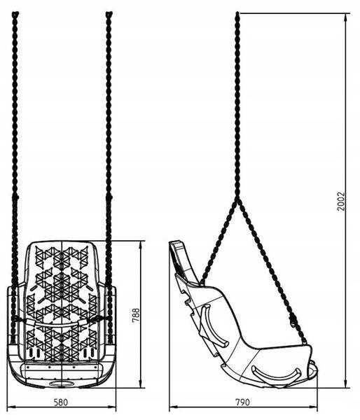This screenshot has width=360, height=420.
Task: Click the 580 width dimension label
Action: [x=61, y=402]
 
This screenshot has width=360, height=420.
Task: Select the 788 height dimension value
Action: [x=136, y=315]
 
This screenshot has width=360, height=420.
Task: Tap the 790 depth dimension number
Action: [x=242, y=402]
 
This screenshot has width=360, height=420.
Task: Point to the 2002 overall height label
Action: [x=341, y=201]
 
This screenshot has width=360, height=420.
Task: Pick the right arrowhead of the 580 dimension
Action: [x=112, y=407]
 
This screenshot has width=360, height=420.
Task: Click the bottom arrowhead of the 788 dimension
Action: [x=141, y=384]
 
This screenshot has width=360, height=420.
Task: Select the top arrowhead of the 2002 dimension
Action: [x=346, y=17]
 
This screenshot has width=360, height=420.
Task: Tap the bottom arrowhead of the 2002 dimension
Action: [x=346, y=384]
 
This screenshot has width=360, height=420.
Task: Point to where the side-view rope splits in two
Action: [x=237, y=200]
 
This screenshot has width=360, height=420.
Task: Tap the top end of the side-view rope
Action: [x=237, y=13]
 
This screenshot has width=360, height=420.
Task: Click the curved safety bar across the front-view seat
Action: [x=61, y=324]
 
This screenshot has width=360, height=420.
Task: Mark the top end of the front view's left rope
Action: [x=15, y=13]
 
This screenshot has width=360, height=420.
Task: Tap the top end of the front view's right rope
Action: [x=109, y=13]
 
